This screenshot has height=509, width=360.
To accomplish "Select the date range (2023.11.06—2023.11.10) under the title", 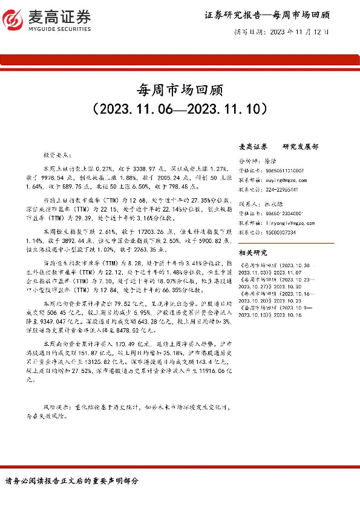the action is click(180, 109).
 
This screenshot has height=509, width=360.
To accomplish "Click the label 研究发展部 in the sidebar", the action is click(301, 147).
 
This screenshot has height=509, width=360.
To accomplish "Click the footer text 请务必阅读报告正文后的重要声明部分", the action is click(71, 481).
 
